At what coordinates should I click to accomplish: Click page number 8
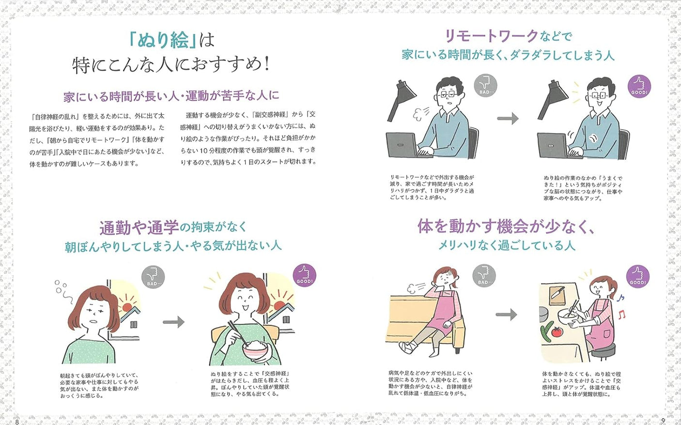17,421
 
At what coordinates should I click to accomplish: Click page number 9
663,421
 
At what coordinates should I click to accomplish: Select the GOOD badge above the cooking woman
637,276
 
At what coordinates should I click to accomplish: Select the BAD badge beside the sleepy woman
153,278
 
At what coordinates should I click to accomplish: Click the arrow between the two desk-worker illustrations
508,119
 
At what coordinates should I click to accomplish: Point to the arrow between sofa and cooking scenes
506,315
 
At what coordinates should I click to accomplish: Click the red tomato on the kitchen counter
557,332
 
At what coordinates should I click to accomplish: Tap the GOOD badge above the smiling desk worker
639,87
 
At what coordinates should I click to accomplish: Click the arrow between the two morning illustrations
173,322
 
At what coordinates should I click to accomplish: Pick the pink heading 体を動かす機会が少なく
506,226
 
